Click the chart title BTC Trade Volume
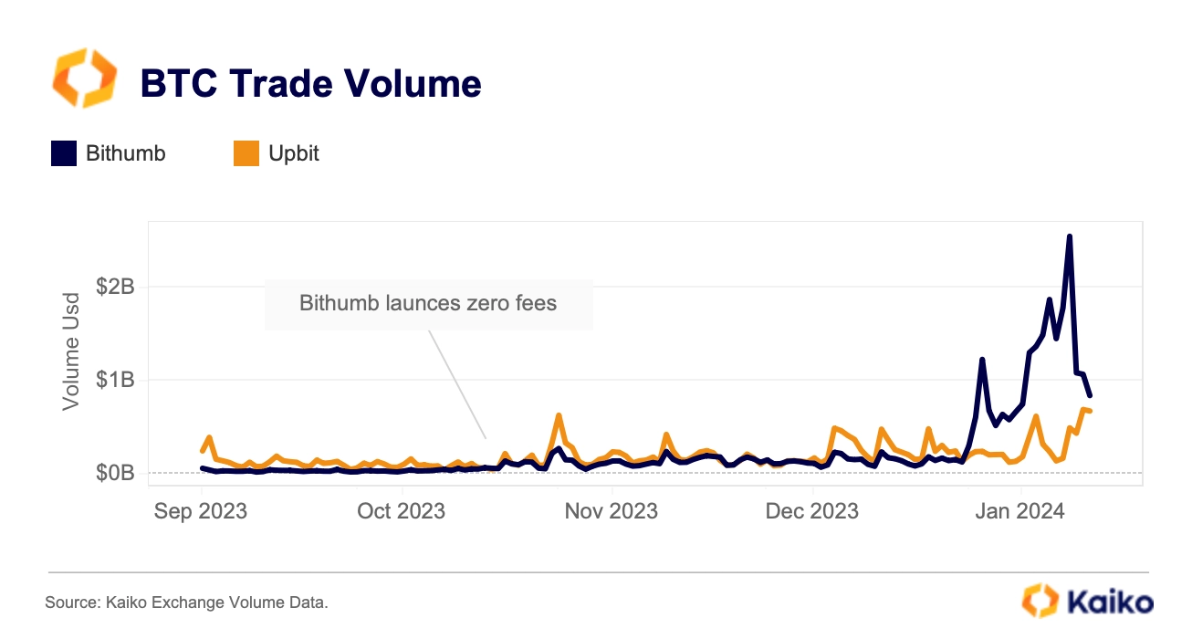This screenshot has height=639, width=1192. tap(310, 84)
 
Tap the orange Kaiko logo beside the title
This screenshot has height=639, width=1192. tap(85, 79)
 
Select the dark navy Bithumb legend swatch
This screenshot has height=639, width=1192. tap(64, 153)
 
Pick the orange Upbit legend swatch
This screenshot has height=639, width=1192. tap(246, 153)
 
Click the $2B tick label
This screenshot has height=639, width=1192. tap(115, 288)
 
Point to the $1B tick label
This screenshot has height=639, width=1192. tap(115, 380)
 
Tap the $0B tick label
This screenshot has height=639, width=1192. tap(115, 473)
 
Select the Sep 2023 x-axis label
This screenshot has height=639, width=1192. tap(201, 511)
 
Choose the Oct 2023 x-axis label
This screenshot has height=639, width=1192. tap(401, 511)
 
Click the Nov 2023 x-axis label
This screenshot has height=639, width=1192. tap(612, 511)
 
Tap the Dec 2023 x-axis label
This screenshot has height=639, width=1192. tap(812, 511)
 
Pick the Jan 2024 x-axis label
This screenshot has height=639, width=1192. tap(1019, 511)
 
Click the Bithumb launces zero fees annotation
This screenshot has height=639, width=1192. tap(428, 303)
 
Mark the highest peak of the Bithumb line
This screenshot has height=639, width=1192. tap(1069, 237)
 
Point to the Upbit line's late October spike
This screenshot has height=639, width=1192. tap(559, 415)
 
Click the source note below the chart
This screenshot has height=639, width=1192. tap(186, 602)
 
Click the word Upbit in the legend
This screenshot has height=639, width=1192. tap(294, 153)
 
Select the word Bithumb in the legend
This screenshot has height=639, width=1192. tap(126, 153)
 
